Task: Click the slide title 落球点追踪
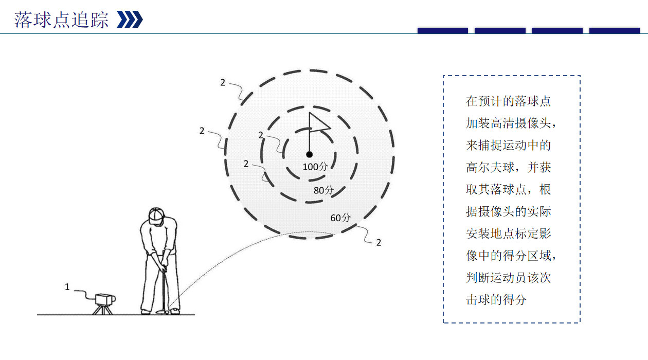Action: click(x=61, y=20)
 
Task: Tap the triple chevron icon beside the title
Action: click(x=130, y=20)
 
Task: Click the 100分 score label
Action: click(x=315, y=167)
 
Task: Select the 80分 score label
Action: click(x=323, y=190)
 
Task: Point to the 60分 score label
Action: click(x=340, y=218)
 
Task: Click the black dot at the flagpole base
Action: click(x=309, y=154)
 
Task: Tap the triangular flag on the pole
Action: click(x=317, y=123)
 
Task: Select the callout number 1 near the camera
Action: click(x=67, y=287)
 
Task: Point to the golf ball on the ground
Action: click(x=168, y=311)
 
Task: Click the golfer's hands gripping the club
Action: click(x=163, y=267)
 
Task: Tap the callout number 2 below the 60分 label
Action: click(x=379, y=243)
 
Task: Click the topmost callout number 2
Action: click(x=223, y=82)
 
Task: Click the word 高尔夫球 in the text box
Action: click(x=491, y=168)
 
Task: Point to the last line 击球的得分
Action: click(x=496, y=300)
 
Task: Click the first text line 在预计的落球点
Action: click(x=508, y=101)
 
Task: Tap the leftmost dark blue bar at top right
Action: click(x=442, y=31)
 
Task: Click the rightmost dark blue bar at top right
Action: click(x=614, y=31)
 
